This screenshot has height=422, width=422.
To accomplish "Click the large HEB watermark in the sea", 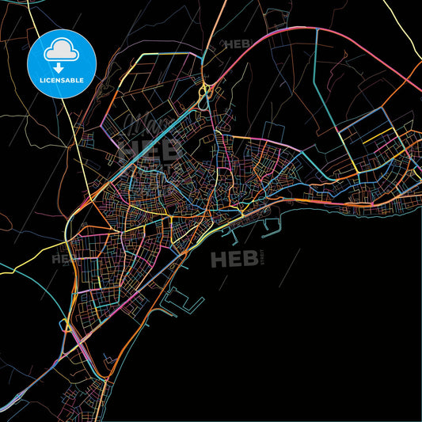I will point(234,258).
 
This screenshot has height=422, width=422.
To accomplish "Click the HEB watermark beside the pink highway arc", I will point(238,44).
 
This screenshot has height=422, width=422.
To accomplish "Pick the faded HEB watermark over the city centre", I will point(141,149).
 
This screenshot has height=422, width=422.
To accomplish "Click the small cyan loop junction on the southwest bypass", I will point(63,324).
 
